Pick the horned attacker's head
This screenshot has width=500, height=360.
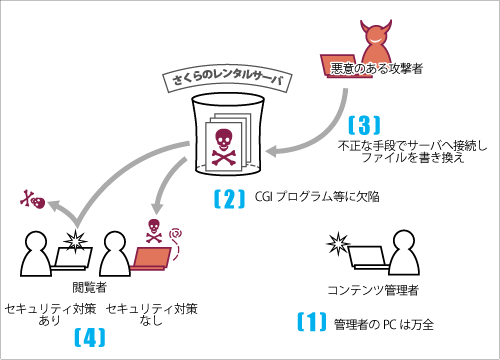pos(377,41)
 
